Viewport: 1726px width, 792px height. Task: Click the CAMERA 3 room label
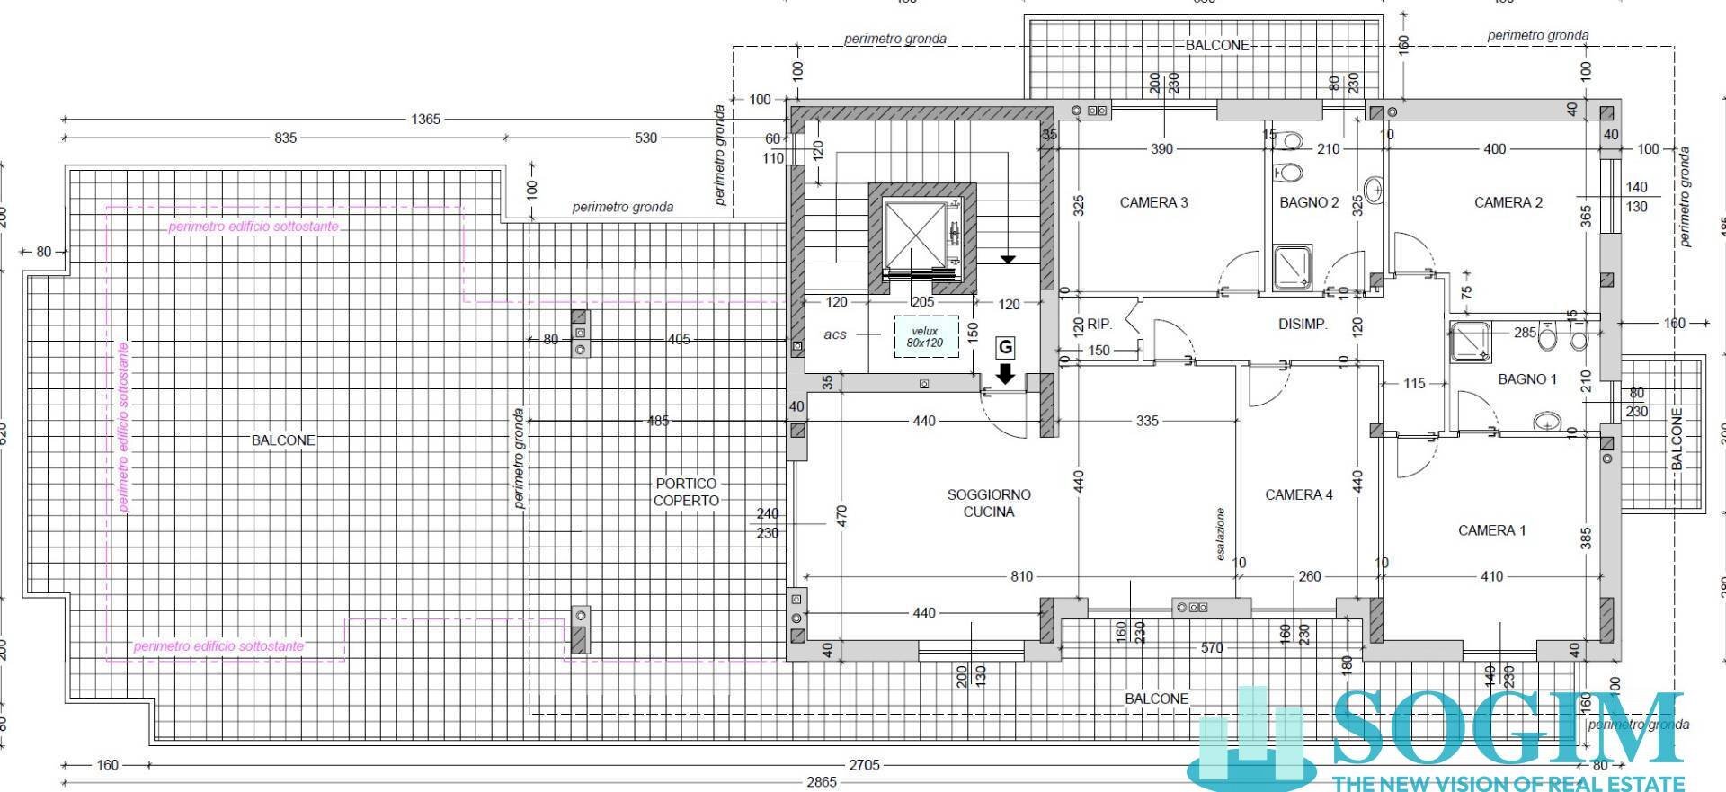click(x=1153, y=202)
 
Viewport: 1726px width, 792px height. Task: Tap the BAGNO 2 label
click(x=1309, y=202)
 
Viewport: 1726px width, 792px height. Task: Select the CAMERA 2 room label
click(x=1508, y=202)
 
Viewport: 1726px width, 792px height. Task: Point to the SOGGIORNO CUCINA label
click(x=989, y=503)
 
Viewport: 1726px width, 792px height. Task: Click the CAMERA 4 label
click(x=1299, y=494)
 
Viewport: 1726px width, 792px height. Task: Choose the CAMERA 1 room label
click(x=1491, y=530)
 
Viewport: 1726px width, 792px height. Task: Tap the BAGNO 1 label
click(x=1527, y=379)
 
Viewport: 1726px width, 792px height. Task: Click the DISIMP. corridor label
click(x=1303, y=324)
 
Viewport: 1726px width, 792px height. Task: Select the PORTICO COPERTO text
click(x=686, y=492)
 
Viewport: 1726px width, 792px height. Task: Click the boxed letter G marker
click(x=1005, y=347)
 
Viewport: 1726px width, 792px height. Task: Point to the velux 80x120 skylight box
click(x=925, y=336)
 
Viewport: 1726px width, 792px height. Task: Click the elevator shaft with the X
click(x=915, y=236)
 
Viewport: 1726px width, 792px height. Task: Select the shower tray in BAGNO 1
click(x=1471, y=342)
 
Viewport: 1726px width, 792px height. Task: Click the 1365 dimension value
click(x=425, y=119)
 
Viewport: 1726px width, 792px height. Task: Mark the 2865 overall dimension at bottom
click(x=821, y=782)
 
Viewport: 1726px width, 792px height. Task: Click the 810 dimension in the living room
click(x=1021, y=576)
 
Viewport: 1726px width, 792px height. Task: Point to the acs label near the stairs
click(x=835, y=334)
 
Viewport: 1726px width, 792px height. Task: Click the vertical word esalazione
click(x=1221, y=534)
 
